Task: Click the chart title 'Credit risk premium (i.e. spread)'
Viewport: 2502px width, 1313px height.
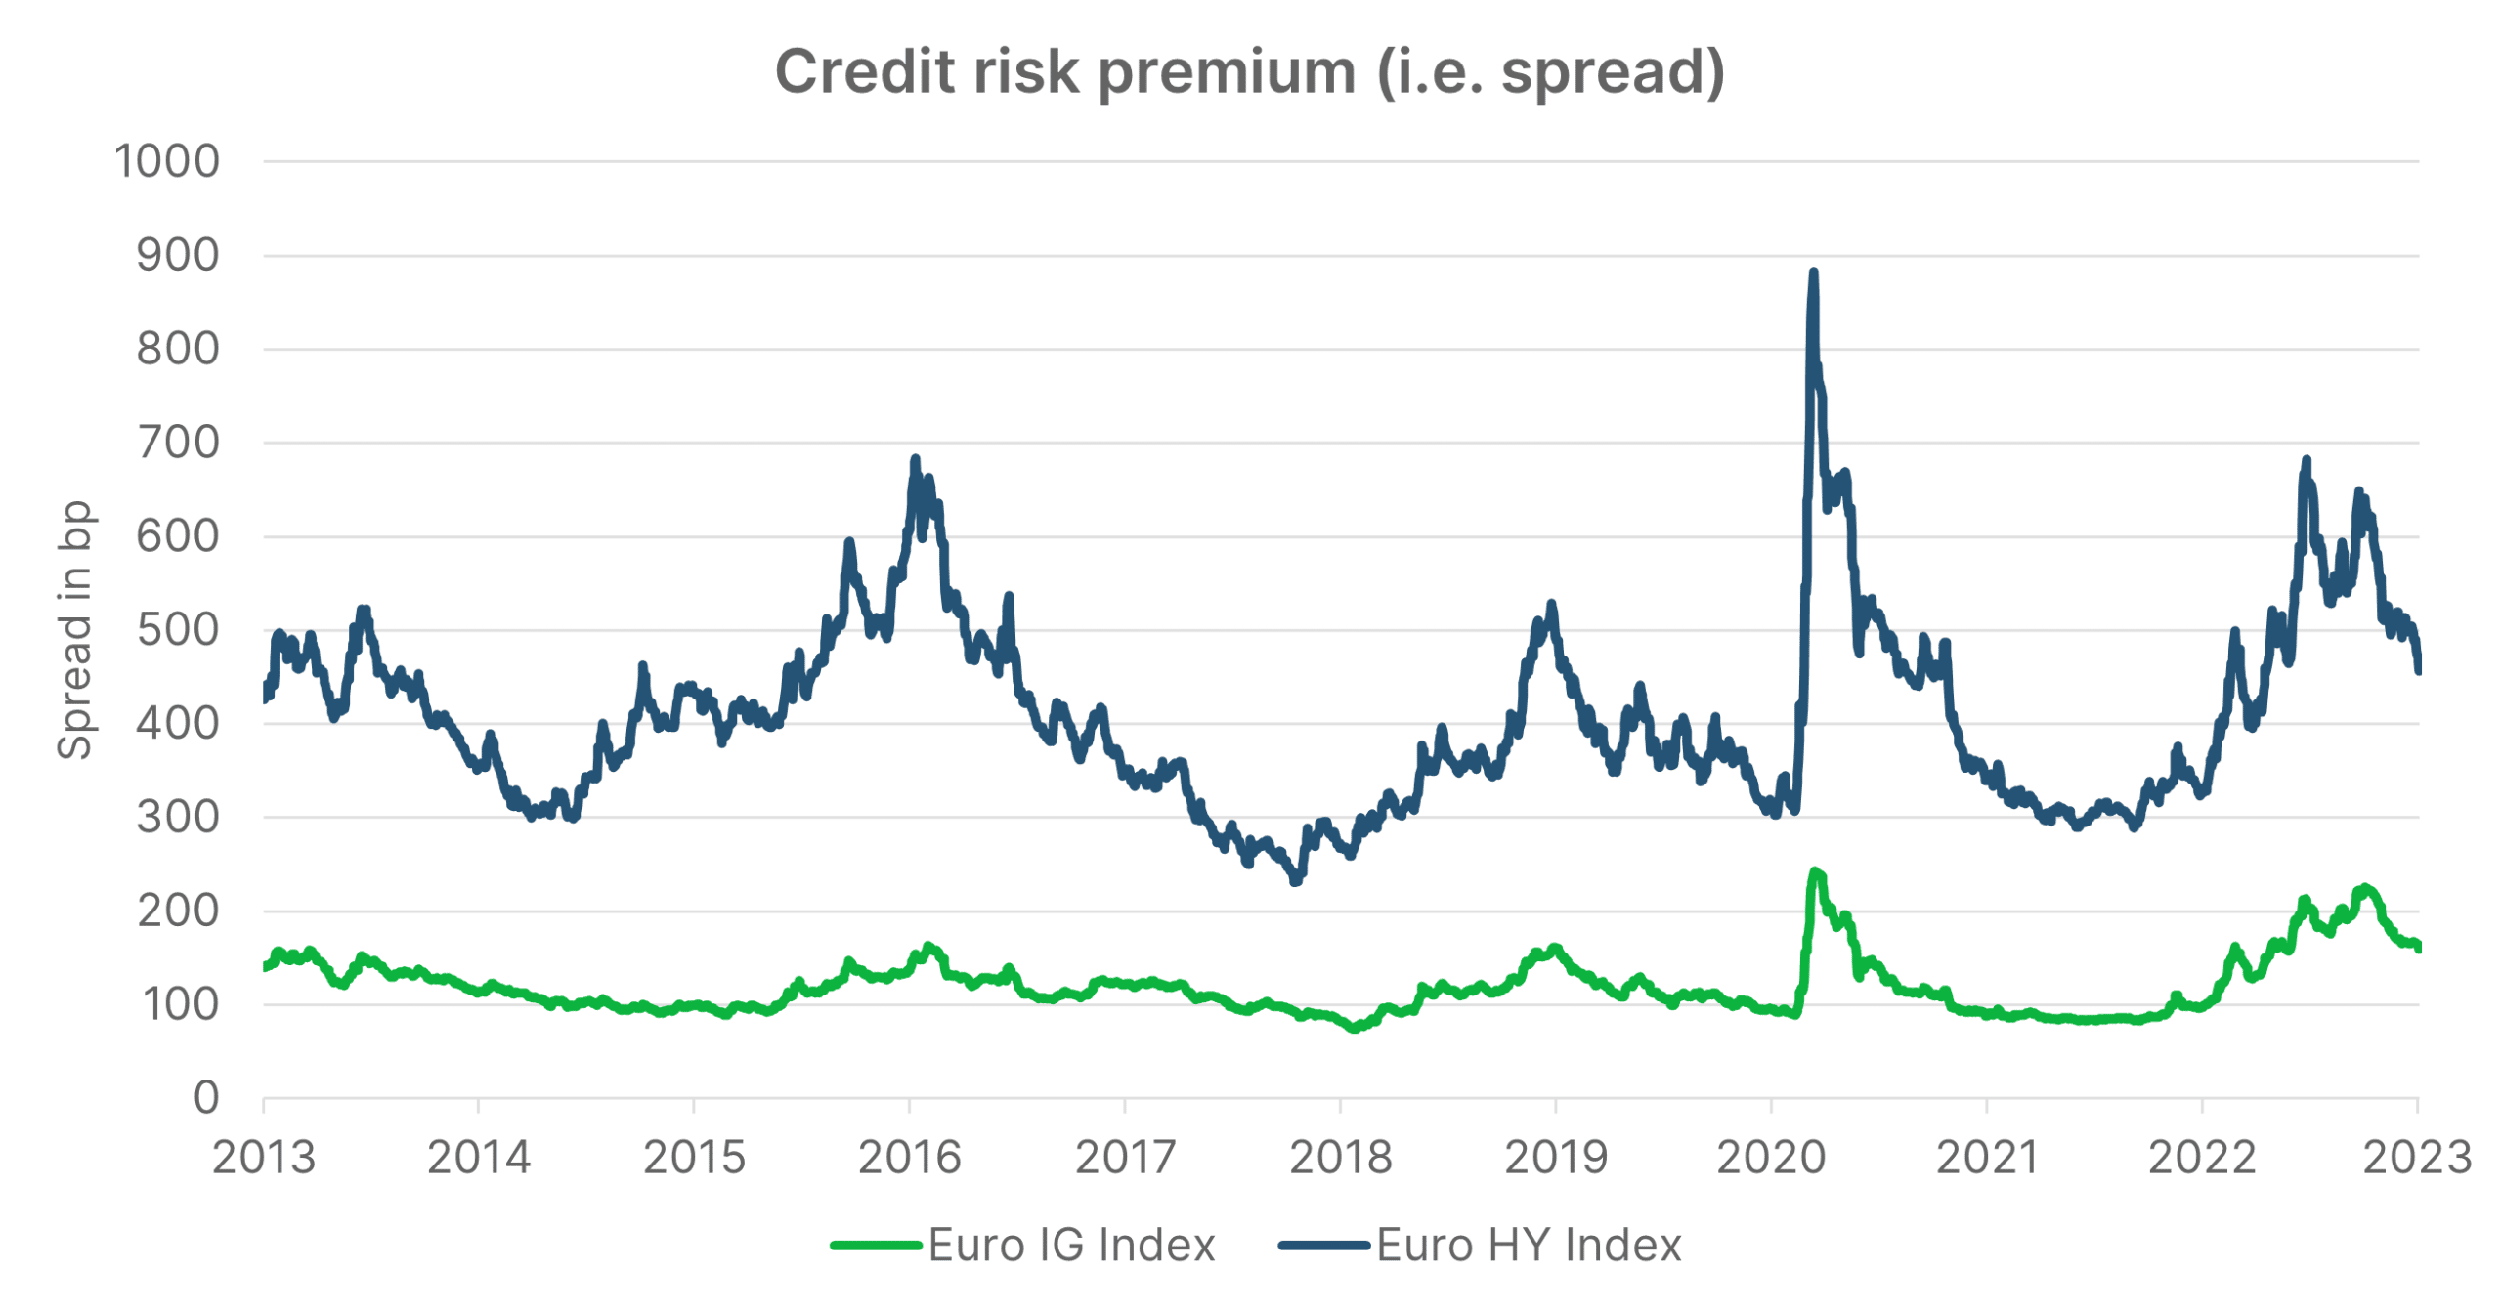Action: point(1249,73)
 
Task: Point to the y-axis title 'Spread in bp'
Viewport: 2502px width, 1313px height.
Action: point(75,630)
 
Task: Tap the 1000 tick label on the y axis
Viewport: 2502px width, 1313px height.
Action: point(167,161)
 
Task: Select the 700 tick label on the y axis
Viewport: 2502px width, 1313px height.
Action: point(178,443)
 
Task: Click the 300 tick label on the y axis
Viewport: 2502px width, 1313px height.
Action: point(178,817)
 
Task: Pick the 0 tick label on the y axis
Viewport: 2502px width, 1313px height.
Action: point(206,1098)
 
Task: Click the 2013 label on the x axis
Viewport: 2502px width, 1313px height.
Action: point(264,1159)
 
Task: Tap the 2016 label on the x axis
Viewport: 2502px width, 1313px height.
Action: point(909,1159)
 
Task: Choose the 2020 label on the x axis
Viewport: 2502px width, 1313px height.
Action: point(1771,1159)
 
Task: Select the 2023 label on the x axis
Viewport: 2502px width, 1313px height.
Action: point(2416,1159)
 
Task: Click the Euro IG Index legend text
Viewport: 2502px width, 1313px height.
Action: point(1071,1246)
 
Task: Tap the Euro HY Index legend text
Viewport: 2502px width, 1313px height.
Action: point(1529,1246)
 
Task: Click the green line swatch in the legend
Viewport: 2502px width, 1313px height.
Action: point(876,1246)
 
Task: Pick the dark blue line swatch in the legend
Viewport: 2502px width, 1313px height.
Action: point(1323,1246)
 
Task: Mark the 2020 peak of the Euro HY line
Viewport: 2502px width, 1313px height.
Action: point(1813,273)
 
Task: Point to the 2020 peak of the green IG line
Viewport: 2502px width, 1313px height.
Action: point(1814,870)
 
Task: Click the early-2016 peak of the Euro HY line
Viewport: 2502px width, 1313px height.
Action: point(915,458)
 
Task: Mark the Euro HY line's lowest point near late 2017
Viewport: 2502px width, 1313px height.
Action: point(1296,881)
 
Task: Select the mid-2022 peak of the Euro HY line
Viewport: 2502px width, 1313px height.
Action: point(2307,459)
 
